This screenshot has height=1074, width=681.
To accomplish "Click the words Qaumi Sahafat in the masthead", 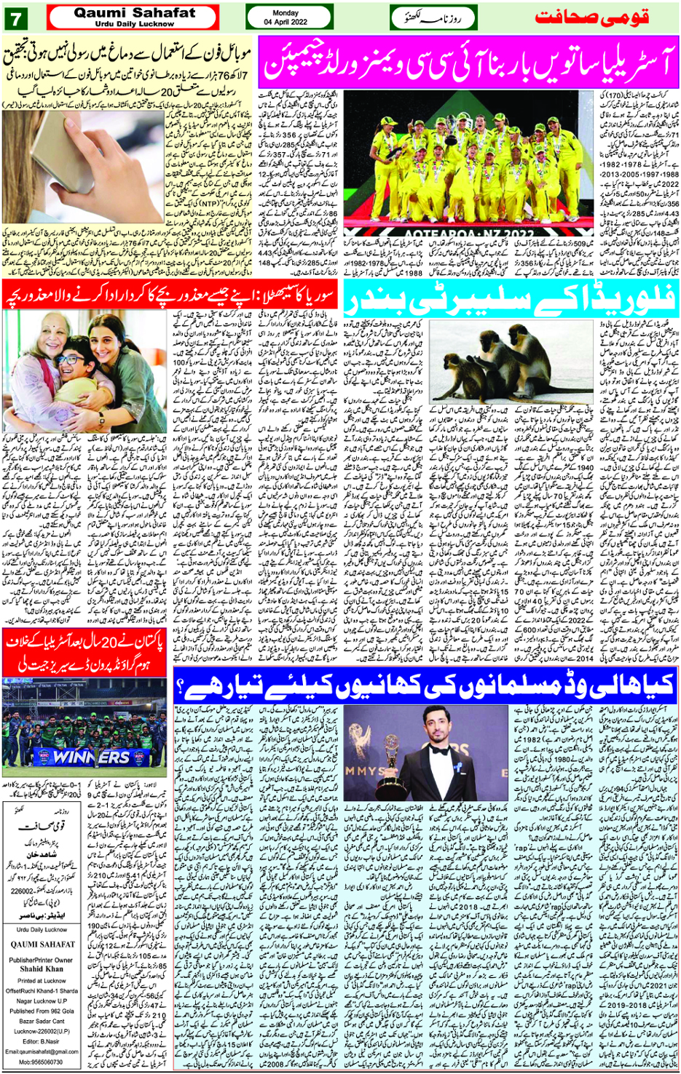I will (135, 12).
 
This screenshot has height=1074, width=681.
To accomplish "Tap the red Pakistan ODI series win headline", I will (86, 652).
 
